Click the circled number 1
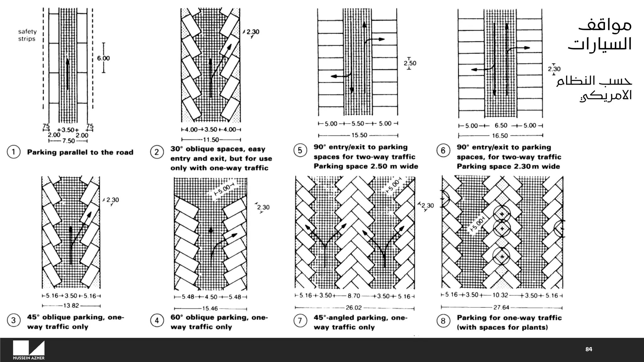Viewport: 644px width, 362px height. (x=14, y=152)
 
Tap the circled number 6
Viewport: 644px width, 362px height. (x=443, y=151)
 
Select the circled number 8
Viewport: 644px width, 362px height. (x=443, y=321)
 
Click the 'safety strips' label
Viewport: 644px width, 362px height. (x=27, y=35)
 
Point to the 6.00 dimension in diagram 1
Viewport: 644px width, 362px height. (x=103, y=58)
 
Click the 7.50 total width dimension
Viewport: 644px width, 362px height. (x=68, y=141)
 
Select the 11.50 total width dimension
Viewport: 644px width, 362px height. (x=211, y=140)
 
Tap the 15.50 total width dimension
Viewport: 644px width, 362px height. (x=359, y=135)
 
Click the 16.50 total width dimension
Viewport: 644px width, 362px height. (x=500, y=136)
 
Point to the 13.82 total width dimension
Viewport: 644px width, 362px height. (x=71, y=305)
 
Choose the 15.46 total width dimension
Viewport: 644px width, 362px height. (x=210, y=309)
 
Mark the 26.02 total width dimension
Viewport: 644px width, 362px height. (x=354, y=308)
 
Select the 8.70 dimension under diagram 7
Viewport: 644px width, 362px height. (x=354, y=296)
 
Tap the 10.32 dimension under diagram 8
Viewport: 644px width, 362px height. (x=500, y=295)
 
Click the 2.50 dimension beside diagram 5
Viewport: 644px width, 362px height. (x=410, y=63)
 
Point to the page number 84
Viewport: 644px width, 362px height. (x=589, y=349)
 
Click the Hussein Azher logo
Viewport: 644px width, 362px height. (x=29, y=350)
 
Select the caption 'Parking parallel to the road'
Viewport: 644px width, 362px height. (x=80, y=152)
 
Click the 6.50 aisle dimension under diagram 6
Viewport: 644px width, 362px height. (x=501, y=126)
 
